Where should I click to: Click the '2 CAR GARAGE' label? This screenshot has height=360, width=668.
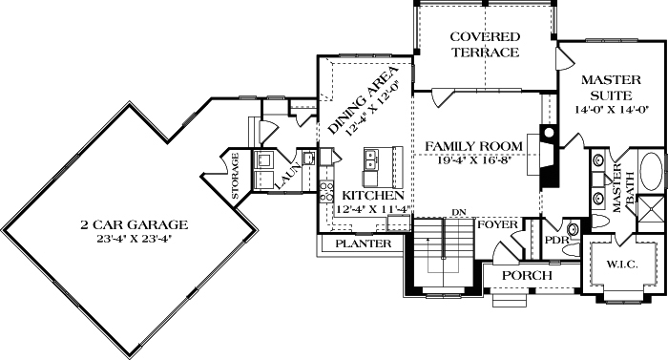pos(134,224)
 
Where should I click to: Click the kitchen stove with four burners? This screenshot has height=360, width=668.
pos(325,176)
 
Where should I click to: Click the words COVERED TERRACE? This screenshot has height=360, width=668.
pos(485,44)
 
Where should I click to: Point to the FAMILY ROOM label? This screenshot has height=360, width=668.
pos(474,146)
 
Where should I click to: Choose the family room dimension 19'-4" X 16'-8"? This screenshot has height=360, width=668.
pos(474,159)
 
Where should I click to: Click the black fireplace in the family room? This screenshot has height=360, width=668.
pos(548,158)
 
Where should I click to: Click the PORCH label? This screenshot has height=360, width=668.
pos(527,275)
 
